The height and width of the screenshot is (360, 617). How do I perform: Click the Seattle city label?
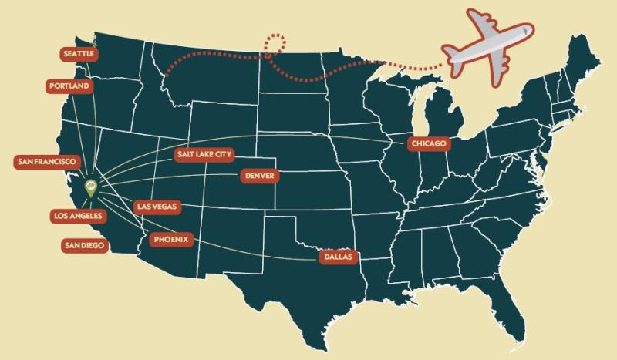click(79, 54)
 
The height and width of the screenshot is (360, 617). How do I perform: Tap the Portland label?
click(69, 86)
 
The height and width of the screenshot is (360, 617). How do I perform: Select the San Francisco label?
click(46, 162)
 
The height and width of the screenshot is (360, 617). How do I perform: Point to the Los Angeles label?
click(76, 216)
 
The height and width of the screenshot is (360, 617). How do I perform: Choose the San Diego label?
click(84, 245)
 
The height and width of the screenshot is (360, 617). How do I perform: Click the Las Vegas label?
click(157, 207)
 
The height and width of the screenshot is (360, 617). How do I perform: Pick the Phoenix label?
click(170, 239)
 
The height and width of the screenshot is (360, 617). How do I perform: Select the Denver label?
click(258, 176)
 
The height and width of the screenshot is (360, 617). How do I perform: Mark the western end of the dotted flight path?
click(167, 76)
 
